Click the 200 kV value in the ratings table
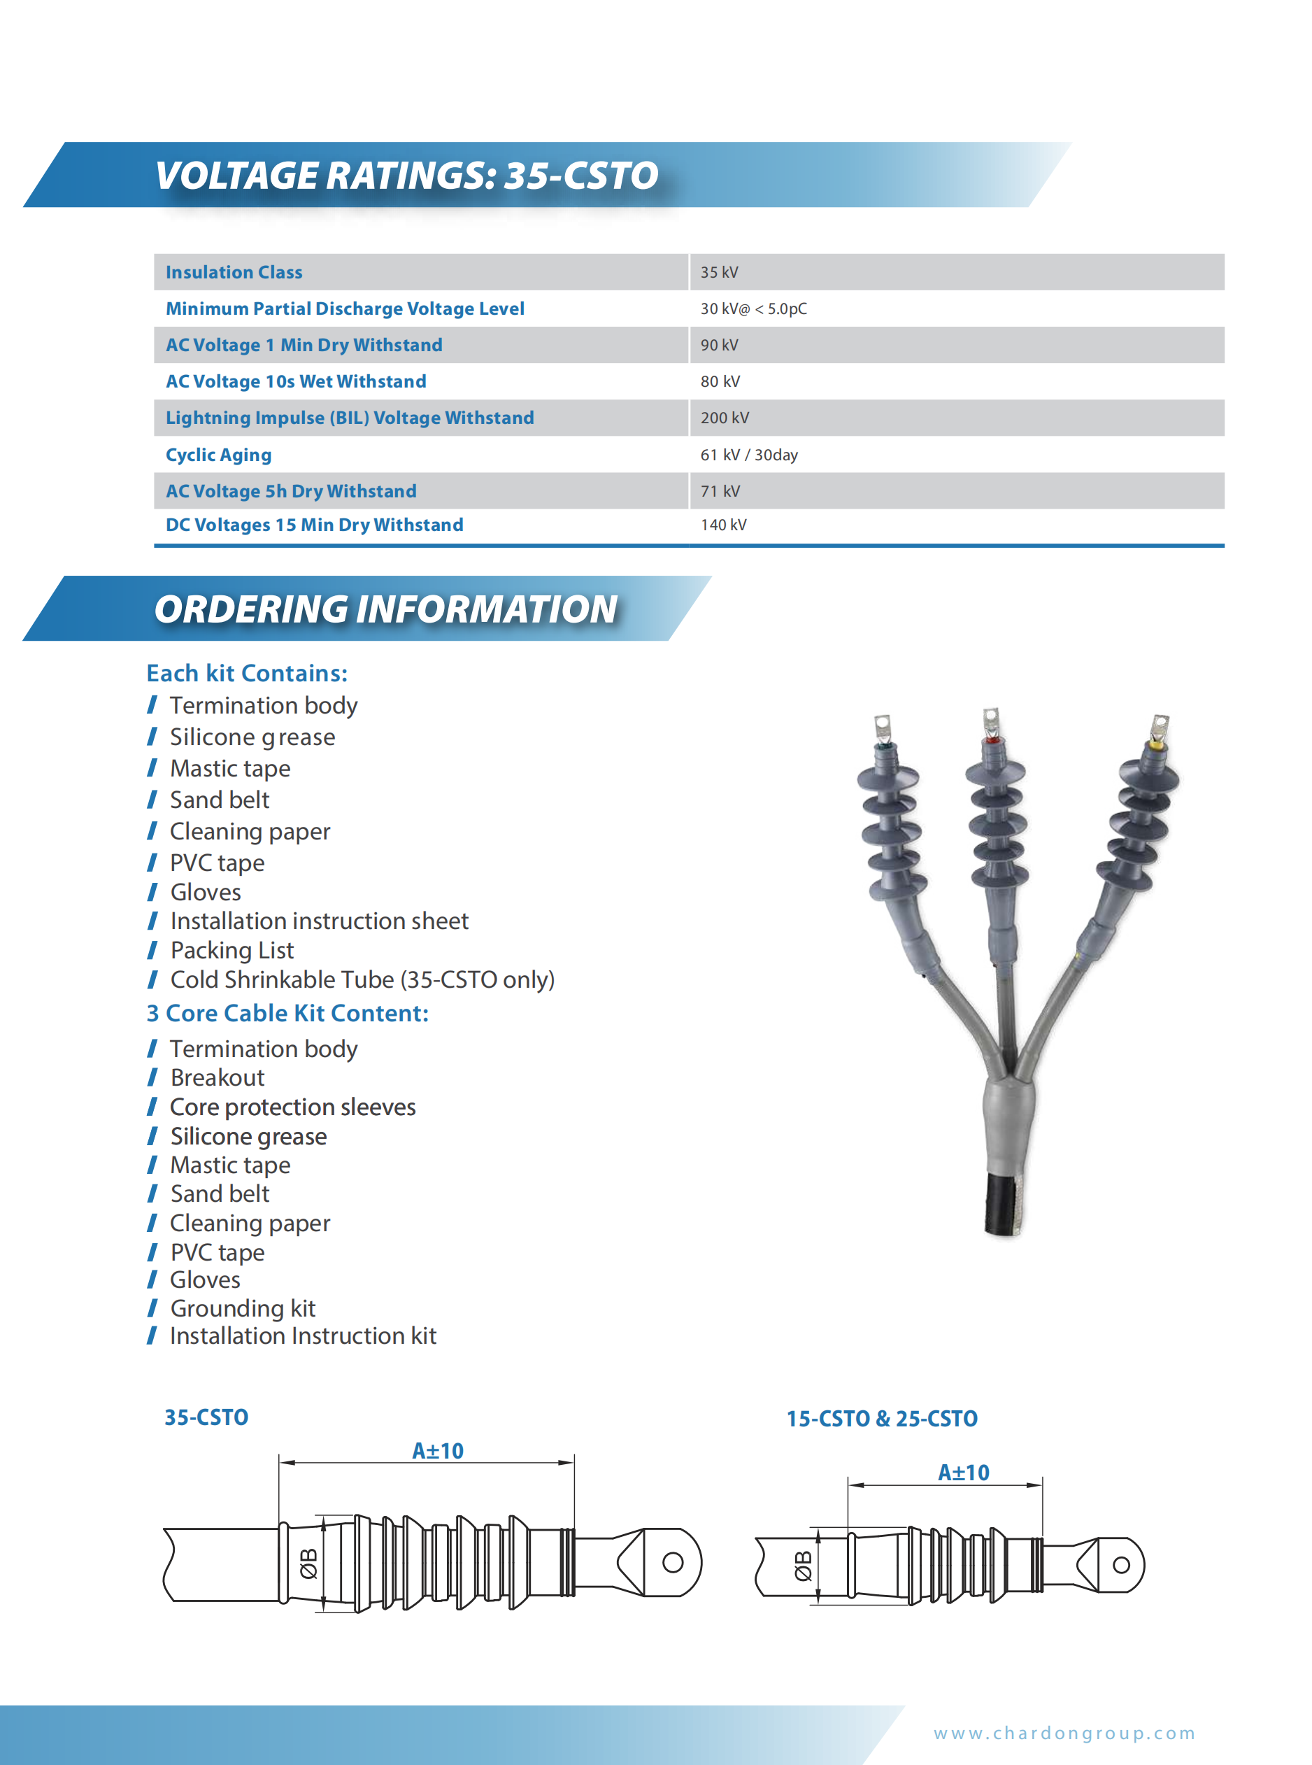coord(725,418)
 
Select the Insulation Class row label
coord(234,272)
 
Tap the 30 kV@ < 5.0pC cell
coord(753,309)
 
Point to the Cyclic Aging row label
coord(218,455)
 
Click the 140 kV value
coord(722,525)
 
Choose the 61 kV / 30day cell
coord(748,455)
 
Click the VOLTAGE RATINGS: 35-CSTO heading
coord(406,176)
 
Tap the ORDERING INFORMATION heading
coord(385,609)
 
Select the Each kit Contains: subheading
coord(247,674)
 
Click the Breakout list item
coord(218,1078)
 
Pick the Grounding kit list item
coord(243,1308)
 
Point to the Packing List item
coord(232,951)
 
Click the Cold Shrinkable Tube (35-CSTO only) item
coord(362,980)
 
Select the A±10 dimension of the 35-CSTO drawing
coord(438,1451)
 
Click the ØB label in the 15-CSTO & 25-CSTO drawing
coord(804,1566)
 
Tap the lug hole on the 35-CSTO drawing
coord(673,1562)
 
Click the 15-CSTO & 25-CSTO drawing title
coord(882,1419)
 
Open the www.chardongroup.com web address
coord(1064,1734)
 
